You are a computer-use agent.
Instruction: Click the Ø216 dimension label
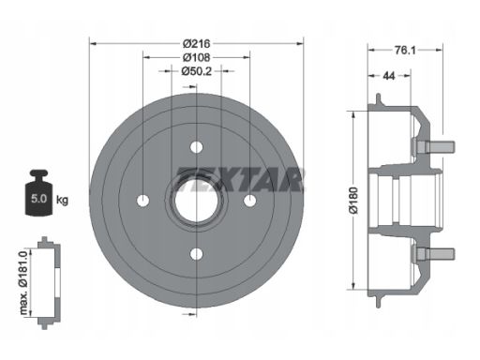[x=197, y=44]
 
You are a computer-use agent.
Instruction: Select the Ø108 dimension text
[x=197, y=57]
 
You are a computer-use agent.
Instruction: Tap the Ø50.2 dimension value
[x=197, y=71]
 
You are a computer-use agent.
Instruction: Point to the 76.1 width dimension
[x=405, y=50]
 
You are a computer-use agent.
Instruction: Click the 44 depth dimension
[x=389, y=76]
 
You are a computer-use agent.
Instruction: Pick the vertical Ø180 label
[x=354, y=201]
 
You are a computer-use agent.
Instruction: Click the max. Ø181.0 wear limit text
[x=23, y=282]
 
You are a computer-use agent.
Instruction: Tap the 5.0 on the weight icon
[x=38, y=199]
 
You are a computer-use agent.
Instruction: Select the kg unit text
[x=62, y=200]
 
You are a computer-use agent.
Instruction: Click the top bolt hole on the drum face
[x=197, y=147]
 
